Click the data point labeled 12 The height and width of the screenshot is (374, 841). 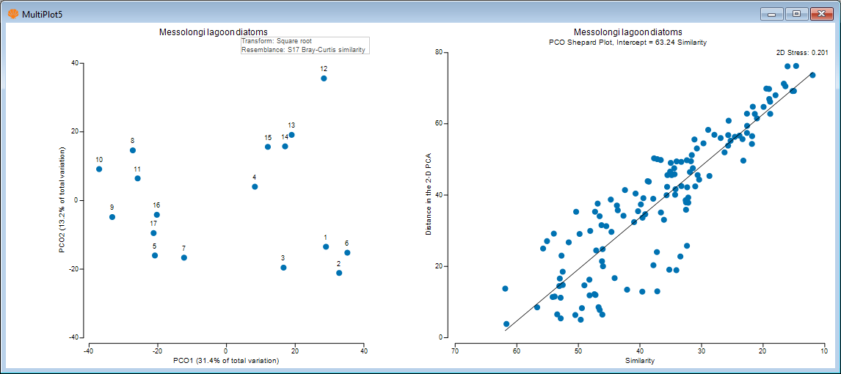click(324, 78)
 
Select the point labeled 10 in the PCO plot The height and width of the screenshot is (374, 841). click(99, 169)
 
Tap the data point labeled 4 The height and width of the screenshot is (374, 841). click(255, 187)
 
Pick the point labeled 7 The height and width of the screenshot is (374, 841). click(184, 258)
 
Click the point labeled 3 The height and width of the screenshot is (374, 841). click(283, 268)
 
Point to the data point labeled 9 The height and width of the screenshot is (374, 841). click(112, 217)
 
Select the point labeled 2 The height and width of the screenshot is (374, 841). click(339, 273)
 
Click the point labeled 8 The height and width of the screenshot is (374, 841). click(133, 150)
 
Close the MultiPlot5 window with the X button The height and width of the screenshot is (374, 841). click(820, 13)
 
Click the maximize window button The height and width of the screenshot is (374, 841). click(796, 13)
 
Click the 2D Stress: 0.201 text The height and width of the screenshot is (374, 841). click(802, 53)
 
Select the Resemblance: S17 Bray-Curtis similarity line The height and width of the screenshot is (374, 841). click(303, 50)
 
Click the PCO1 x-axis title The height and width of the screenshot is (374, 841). click(226, 361)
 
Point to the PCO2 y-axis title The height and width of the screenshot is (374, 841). click(64, 200)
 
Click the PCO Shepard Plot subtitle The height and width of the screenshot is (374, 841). click(627, 43)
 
